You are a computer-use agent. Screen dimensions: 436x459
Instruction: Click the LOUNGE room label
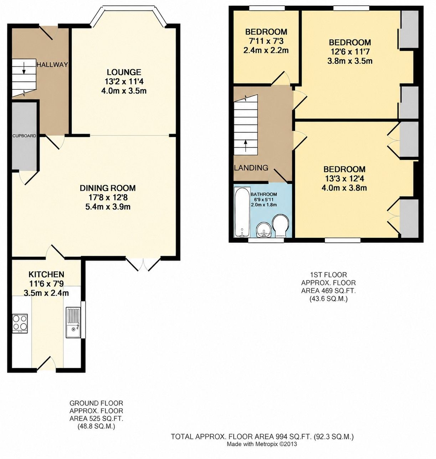[x=124, y=72]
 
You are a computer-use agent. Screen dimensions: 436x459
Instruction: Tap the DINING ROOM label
[x=108, y=188]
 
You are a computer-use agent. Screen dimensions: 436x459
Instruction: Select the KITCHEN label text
[x=46, y=274]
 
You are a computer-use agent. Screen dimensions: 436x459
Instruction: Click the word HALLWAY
[x=52, y=65]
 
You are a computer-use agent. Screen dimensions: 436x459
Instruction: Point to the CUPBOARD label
[x=24, y=136]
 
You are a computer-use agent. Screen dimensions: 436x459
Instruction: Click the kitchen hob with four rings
[x=20, y=323]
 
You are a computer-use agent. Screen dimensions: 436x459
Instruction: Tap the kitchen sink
[x=73, y=323]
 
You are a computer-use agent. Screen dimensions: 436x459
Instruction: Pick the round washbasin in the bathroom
[x=264, y=231]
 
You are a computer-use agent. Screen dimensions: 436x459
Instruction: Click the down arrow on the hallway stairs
[x=24, y=68]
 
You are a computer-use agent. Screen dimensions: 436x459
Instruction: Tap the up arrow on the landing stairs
[x=245, y=146]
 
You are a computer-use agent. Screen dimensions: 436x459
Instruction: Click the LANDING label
[x=251, y=168]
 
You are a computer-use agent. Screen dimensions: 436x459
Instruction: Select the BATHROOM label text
[x=264, y=194]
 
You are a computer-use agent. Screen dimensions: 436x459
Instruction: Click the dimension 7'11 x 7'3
[x=266, y=41]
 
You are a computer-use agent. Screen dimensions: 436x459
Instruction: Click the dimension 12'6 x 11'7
[x=350, y=52]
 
